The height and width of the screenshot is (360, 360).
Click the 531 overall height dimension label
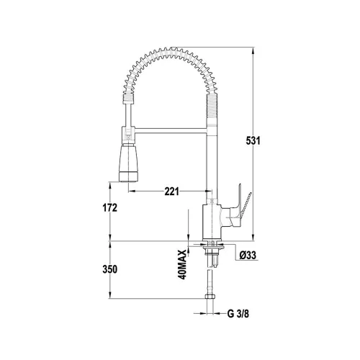253,140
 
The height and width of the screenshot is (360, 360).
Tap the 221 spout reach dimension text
171,192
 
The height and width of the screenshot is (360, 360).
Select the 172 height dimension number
110,208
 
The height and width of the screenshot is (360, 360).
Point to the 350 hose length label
110,269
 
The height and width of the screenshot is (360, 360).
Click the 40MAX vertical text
182,264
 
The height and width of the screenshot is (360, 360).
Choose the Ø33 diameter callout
248,256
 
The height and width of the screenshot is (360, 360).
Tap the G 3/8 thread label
238,314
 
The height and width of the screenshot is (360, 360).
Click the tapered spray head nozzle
129,163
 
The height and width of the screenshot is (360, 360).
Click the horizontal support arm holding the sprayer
171,130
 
